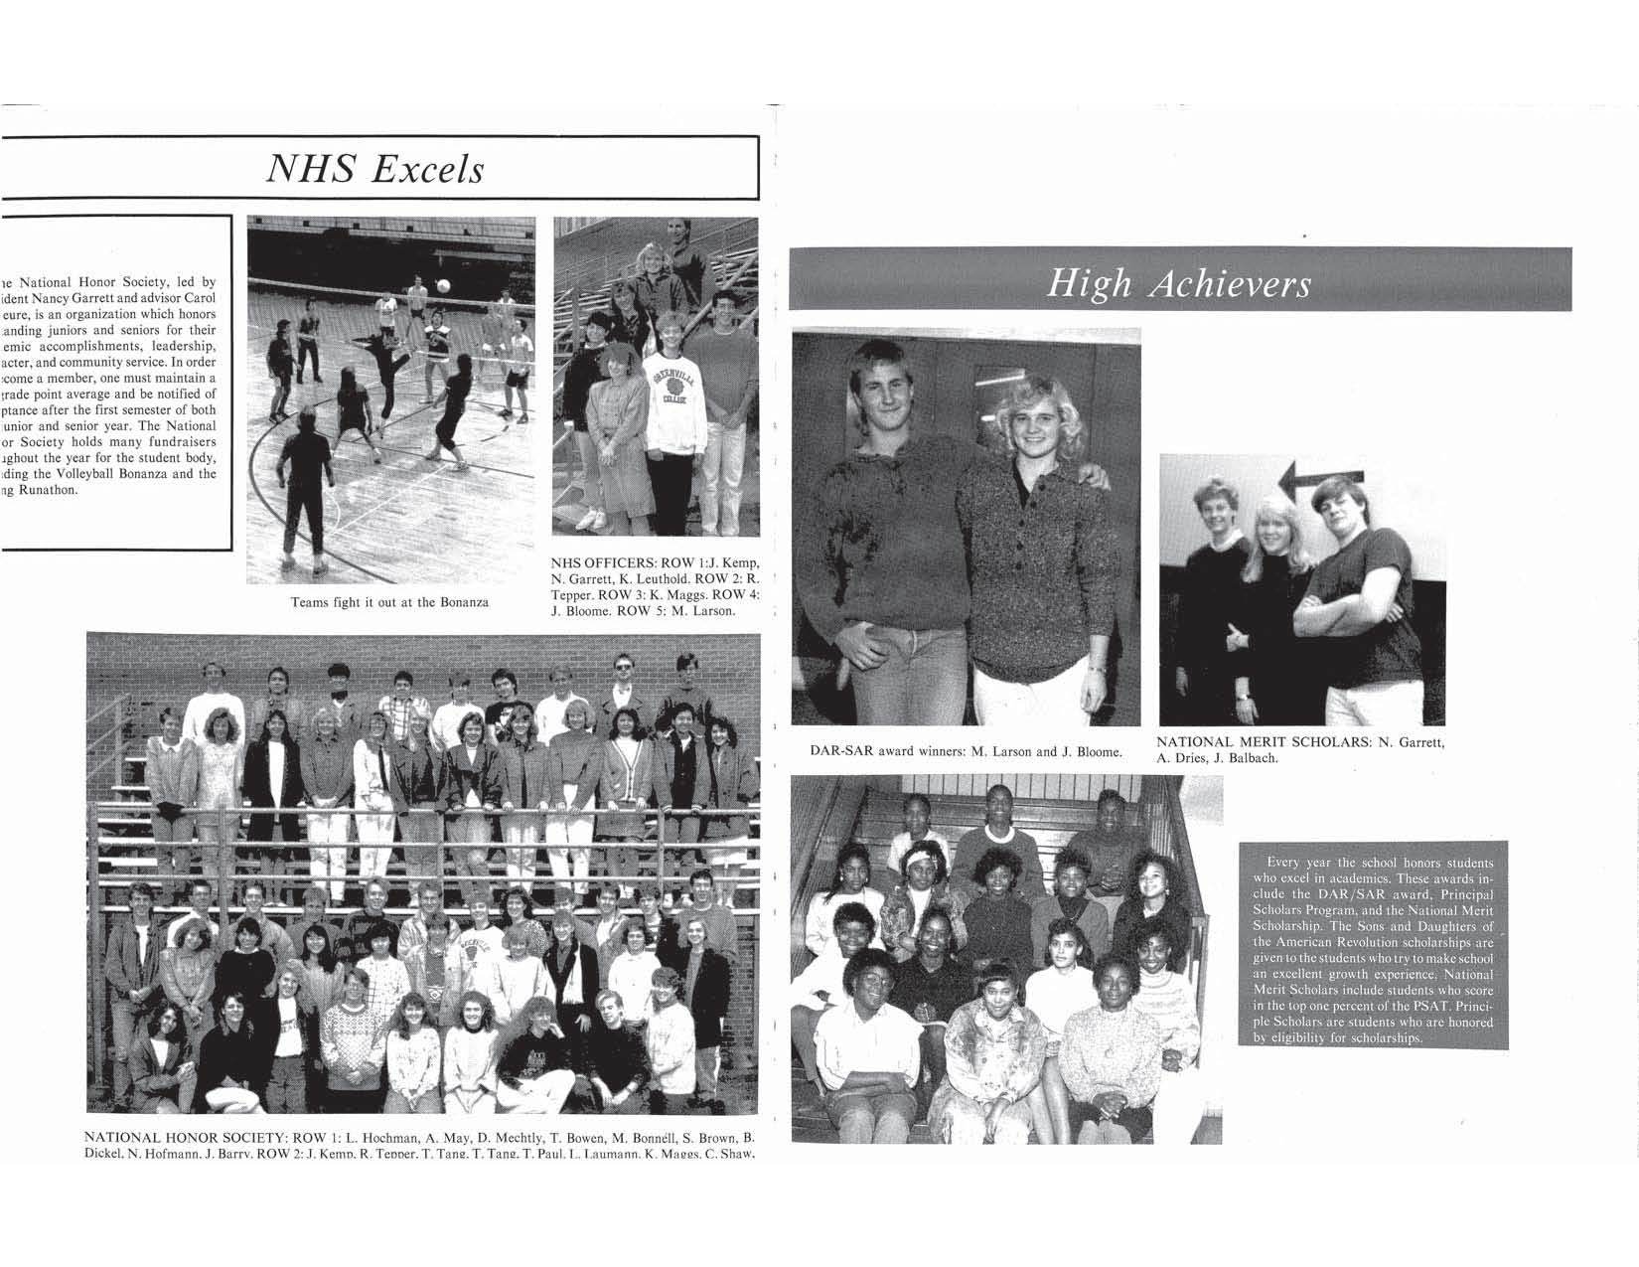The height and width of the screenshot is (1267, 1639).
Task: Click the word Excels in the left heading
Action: click(427, 168)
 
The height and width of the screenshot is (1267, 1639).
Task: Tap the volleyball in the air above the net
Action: click(443, 286)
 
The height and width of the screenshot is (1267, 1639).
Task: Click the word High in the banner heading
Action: click(1090, 285)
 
